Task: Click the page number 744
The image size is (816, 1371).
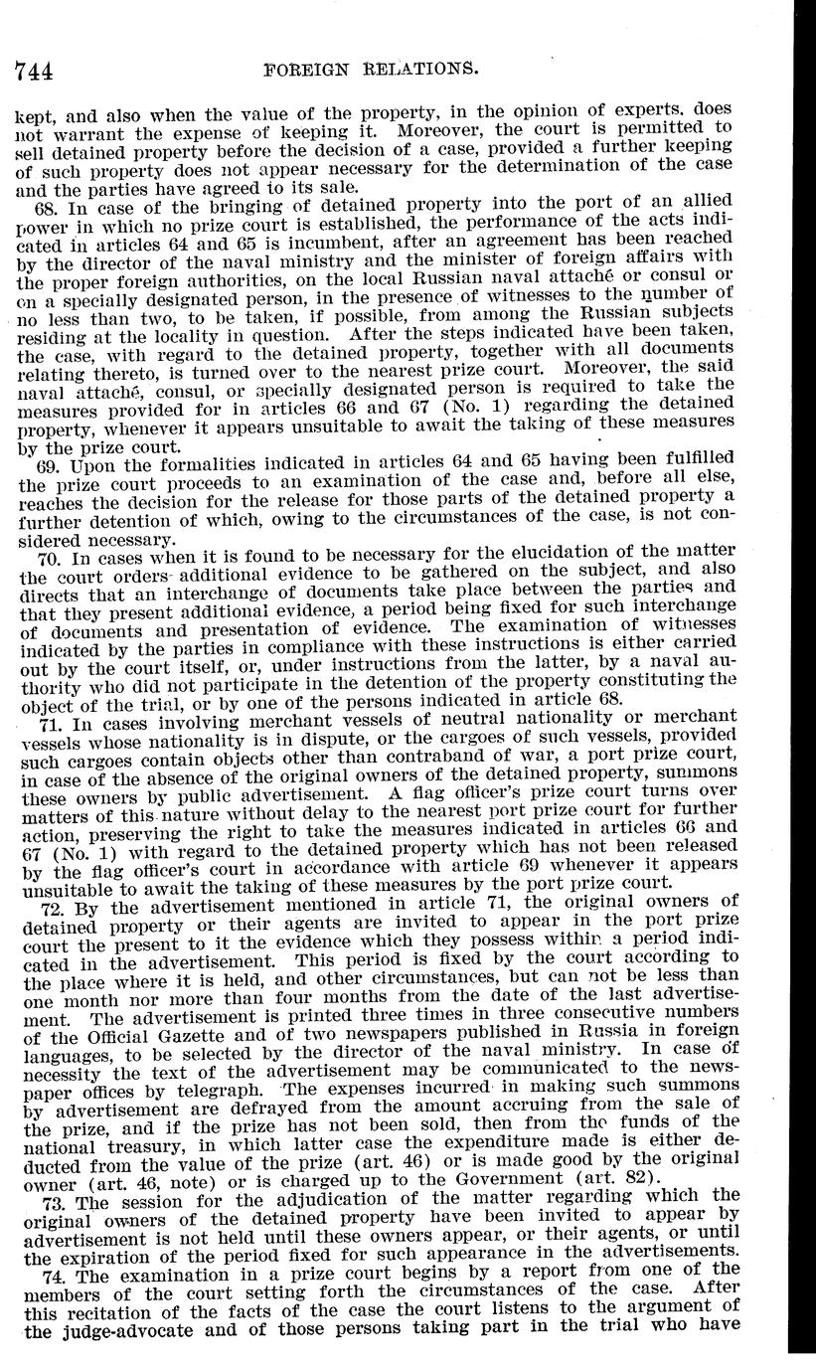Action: click(33, 71)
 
